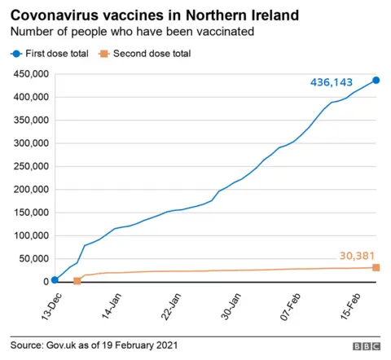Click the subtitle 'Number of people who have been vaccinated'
coord(130,32)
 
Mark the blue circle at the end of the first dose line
coord(376,80)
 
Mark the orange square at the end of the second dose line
coord(376,268)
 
